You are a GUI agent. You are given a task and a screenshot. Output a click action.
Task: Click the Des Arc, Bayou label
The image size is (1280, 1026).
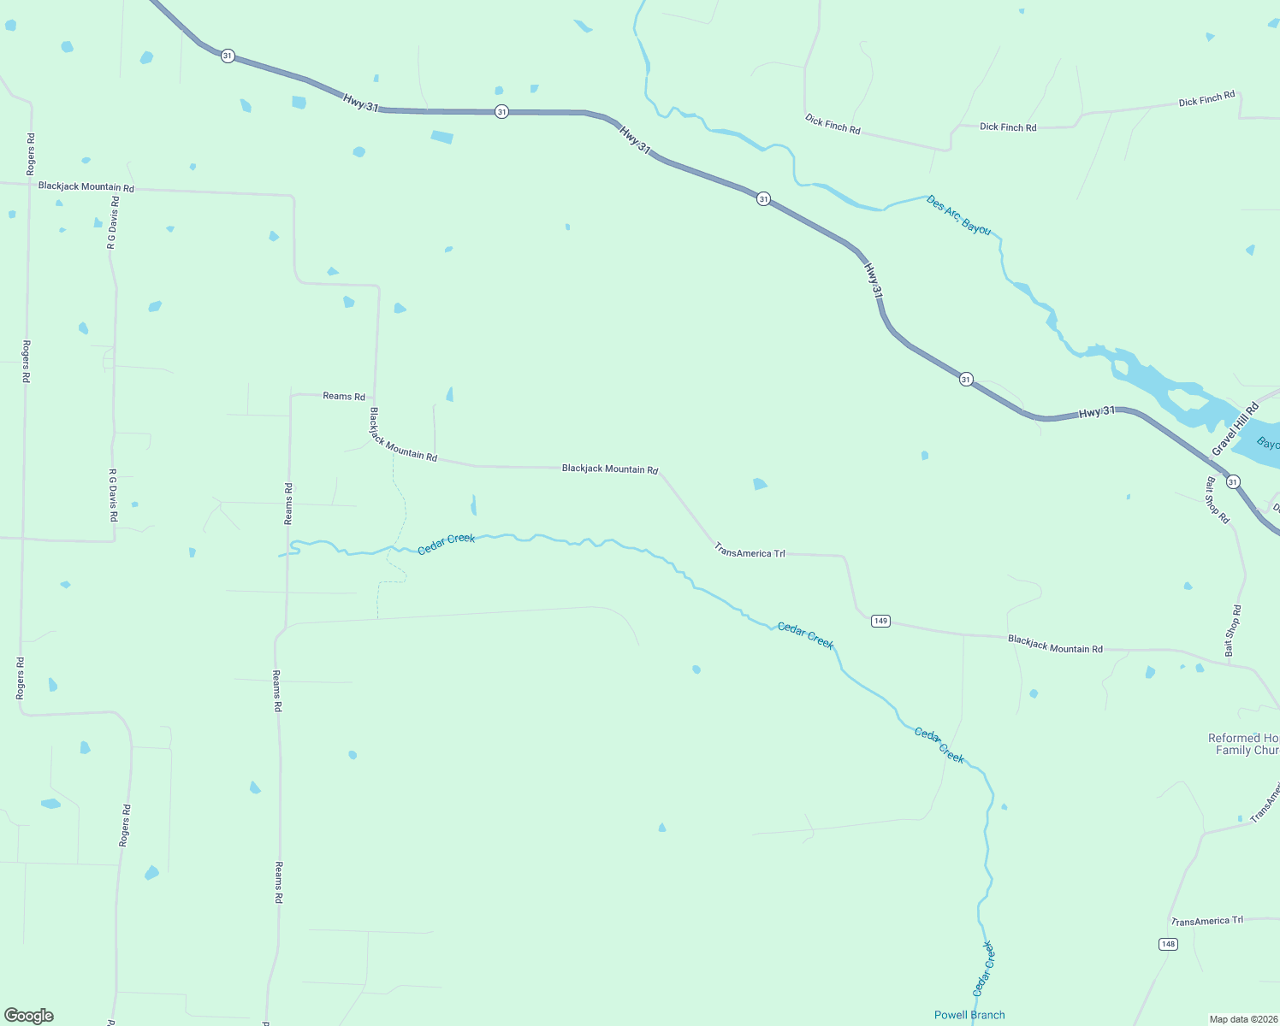coord(958,215)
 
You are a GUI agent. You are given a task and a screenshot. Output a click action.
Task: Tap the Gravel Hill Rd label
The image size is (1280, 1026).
coord(1236,429)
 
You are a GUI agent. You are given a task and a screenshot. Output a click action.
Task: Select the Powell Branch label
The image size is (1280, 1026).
coord(969,1015)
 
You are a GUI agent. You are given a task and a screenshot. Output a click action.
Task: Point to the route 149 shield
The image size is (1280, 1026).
coord(880,621)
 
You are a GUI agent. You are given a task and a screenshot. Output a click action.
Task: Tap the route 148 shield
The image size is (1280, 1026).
coord(1168,944)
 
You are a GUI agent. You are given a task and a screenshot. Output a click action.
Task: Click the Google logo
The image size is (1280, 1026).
coord(29,1016)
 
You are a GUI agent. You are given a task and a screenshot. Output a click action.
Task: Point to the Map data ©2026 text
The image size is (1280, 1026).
coord(1241,1019)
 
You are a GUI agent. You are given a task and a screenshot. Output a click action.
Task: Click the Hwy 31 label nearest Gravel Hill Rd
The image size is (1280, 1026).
coord(1096,412)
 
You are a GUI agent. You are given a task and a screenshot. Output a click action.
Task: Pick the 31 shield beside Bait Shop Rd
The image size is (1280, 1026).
coord(1232,482)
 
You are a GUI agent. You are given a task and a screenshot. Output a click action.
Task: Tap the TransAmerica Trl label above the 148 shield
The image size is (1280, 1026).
coord(1206,921)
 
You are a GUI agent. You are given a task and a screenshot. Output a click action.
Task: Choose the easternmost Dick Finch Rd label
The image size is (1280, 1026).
coord(1206,99)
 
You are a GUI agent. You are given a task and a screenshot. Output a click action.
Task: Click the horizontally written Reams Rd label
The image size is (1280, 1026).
coord(344,397)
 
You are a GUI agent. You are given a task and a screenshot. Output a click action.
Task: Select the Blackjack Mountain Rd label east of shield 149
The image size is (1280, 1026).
coord(1055,644)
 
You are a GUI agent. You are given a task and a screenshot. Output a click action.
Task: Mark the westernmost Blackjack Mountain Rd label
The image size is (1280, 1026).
coord(86,186)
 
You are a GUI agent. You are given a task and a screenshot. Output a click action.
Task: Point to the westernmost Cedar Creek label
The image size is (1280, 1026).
coord(446,544)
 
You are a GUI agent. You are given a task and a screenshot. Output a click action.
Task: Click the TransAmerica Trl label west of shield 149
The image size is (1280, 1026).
coord(750,553)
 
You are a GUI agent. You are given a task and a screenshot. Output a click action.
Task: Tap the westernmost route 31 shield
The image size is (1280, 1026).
coord(227,56)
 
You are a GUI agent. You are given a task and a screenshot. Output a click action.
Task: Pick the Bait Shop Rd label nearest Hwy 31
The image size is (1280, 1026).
coord(1218,500)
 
